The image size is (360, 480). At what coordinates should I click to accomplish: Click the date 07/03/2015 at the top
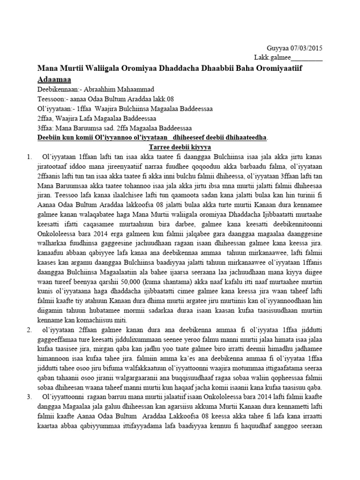306,48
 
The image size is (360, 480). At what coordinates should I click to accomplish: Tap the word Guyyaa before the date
277,48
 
